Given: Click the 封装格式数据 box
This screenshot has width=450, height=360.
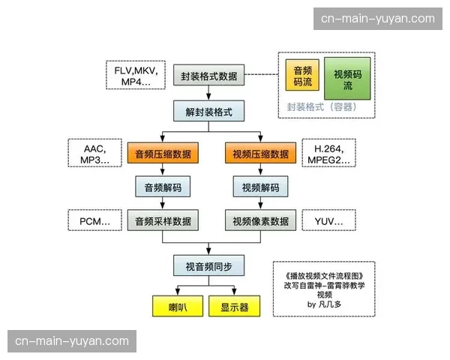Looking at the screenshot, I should click(208, 76).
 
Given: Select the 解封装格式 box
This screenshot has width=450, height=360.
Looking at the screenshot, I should click(208, 113).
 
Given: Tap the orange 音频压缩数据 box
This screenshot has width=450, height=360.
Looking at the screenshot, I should click(163, 154).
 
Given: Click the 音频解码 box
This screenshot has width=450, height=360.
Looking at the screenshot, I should click(163, 187).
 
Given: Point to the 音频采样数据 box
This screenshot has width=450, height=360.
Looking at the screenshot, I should click(163, 221).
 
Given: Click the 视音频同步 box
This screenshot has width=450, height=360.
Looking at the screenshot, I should click(208, 265).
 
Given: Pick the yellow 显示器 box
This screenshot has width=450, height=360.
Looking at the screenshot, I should click(234, 307).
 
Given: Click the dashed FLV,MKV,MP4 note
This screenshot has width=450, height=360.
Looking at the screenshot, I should click(137, 75).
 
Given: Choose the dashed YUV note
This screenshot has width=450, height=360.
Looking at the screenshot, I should click(328, 221).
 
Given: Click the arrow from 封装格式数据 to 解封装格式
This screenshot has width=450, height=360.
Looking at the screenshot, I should click(208, 94).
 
